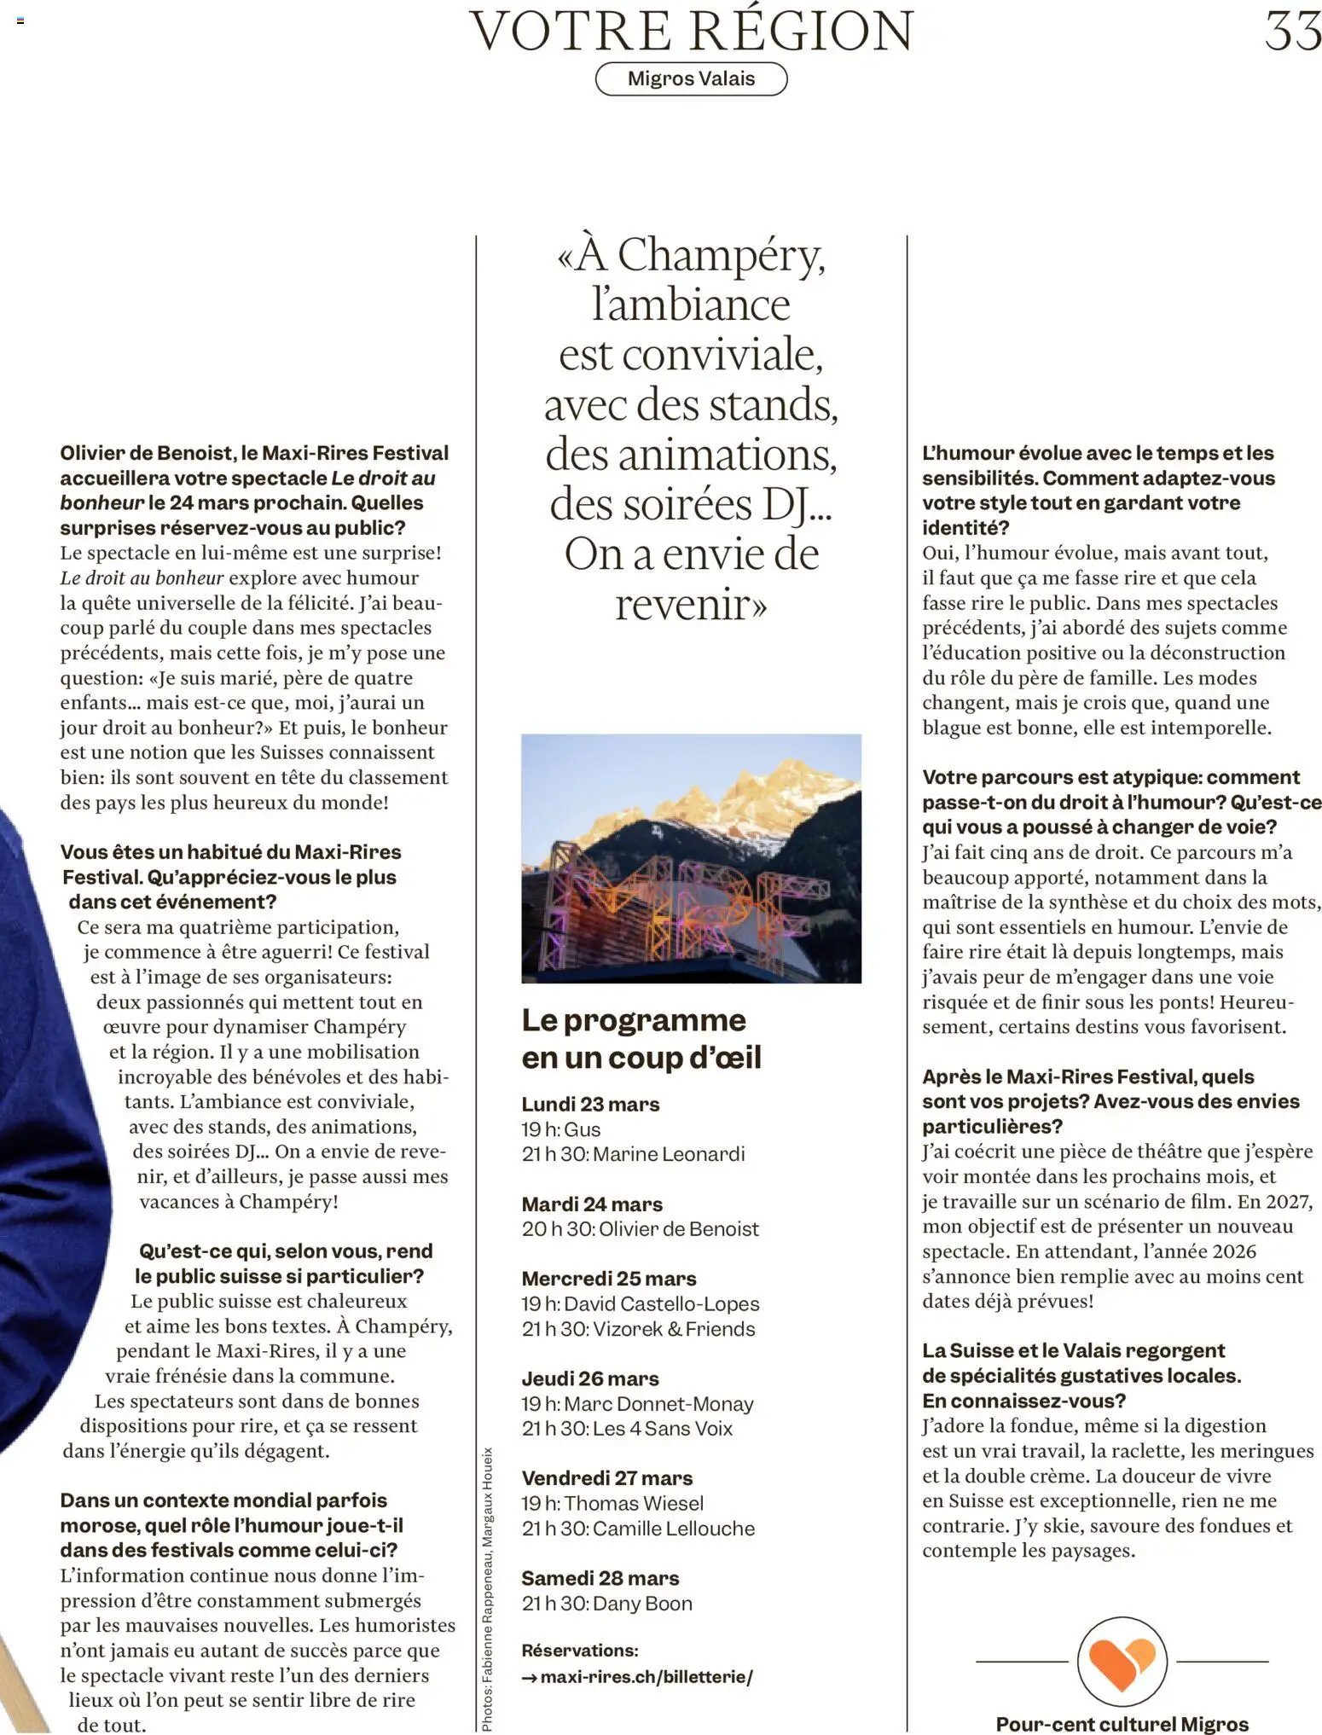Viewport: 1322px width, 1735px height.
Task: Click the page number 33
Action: pos(1292,32)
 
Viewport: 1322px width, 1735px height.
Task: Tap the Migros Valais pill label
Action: pos(691,79)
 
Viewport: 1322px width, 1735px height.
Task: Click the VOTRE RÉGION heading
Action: pos(691,31)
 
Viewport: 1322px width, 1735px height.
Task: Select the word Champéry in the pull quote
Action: pos(721,255)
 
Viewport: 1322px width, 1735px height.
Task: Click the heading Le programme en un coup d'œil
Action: pos(641,1038)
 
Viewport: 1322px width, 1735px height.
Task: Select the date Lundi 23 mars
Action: pos(590,1105)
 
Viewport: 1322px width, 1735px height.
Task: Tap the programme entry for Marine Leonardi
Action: pos(634,1154)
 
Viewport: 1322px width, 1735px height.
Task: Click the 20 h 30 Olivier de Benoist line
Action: pos(640,1229)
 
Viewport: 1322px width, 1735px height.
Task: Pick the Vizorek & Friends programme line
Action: pos(638,1329)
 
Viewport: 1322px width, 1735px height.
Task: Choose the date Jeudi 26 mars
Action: pos(590,1378)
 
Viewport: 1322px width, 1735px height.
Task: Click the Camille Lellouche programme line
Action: pos(638,1529)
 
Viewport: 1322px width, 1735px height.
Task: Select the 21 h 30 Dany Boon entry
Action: pos(606,1604)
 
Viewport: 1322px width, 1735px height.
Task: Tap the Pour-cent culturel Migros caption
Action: pos(1122,1724)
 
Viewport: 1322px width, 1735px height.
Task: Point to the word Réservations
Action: pos(580,1651)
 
